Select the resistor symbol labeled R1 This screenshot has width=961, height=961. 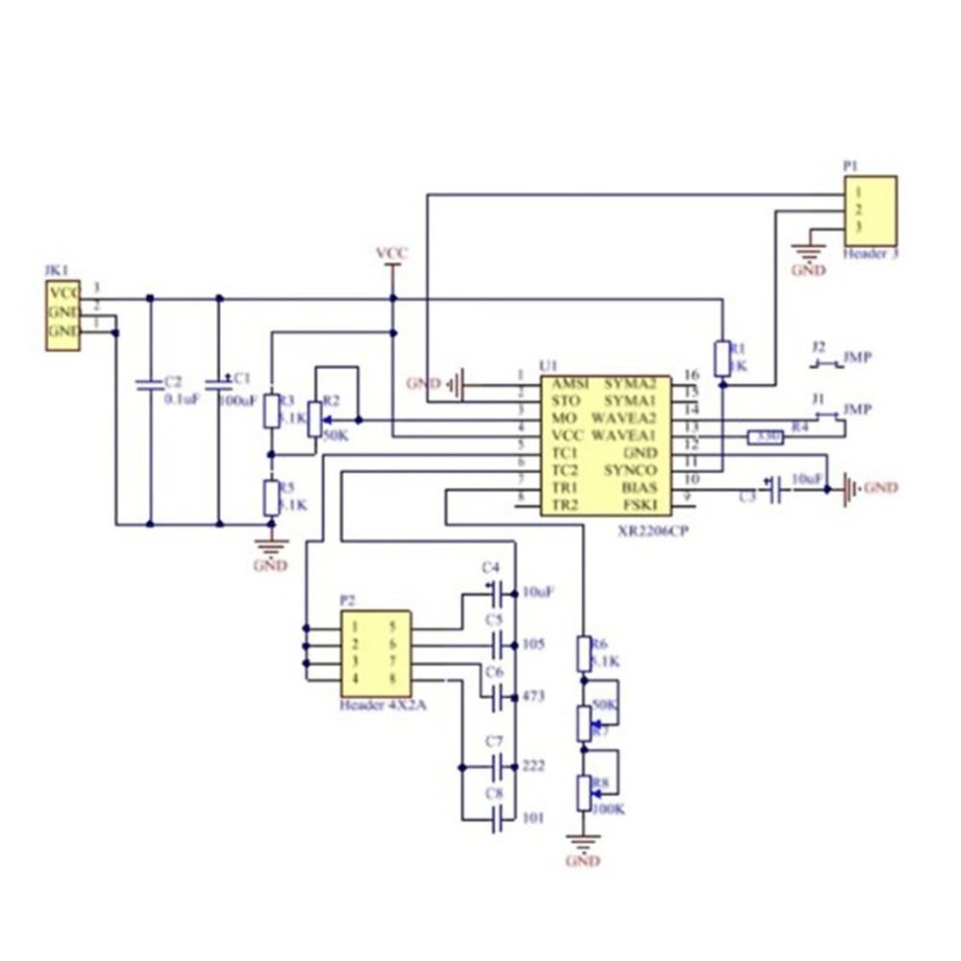click(x=723, y=357)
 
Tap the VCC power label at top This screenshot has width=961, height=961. click(x=392, y=253)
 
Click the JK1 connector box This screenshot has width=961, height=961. click(x=62, y=315)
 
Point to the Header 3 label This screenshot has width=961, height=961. click(x=870, y=254)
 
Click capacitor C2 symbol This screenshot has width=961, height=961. click(x=149, y=384)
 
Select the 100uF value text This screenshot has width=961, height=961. click(x=237, y=399)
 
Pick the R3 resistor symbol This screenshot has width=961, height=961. click(x=272, y=410)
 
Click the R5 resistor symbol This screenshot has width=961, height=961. click(x=272, y=499)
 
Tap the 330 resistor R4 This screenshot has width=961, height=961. click(x=766, y=437)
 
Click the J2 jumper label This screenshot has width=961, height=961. click(x=818, y=346)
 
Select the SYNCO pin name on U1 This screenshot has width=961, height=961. click(x=630, y=470)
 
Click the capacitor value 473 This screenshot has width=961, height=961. click(x=533, y=695)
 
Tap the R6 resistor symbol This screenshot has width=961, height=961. click(x=583, y=653)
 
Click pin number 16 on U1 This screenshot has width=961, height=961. click(x=690, y=375)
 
